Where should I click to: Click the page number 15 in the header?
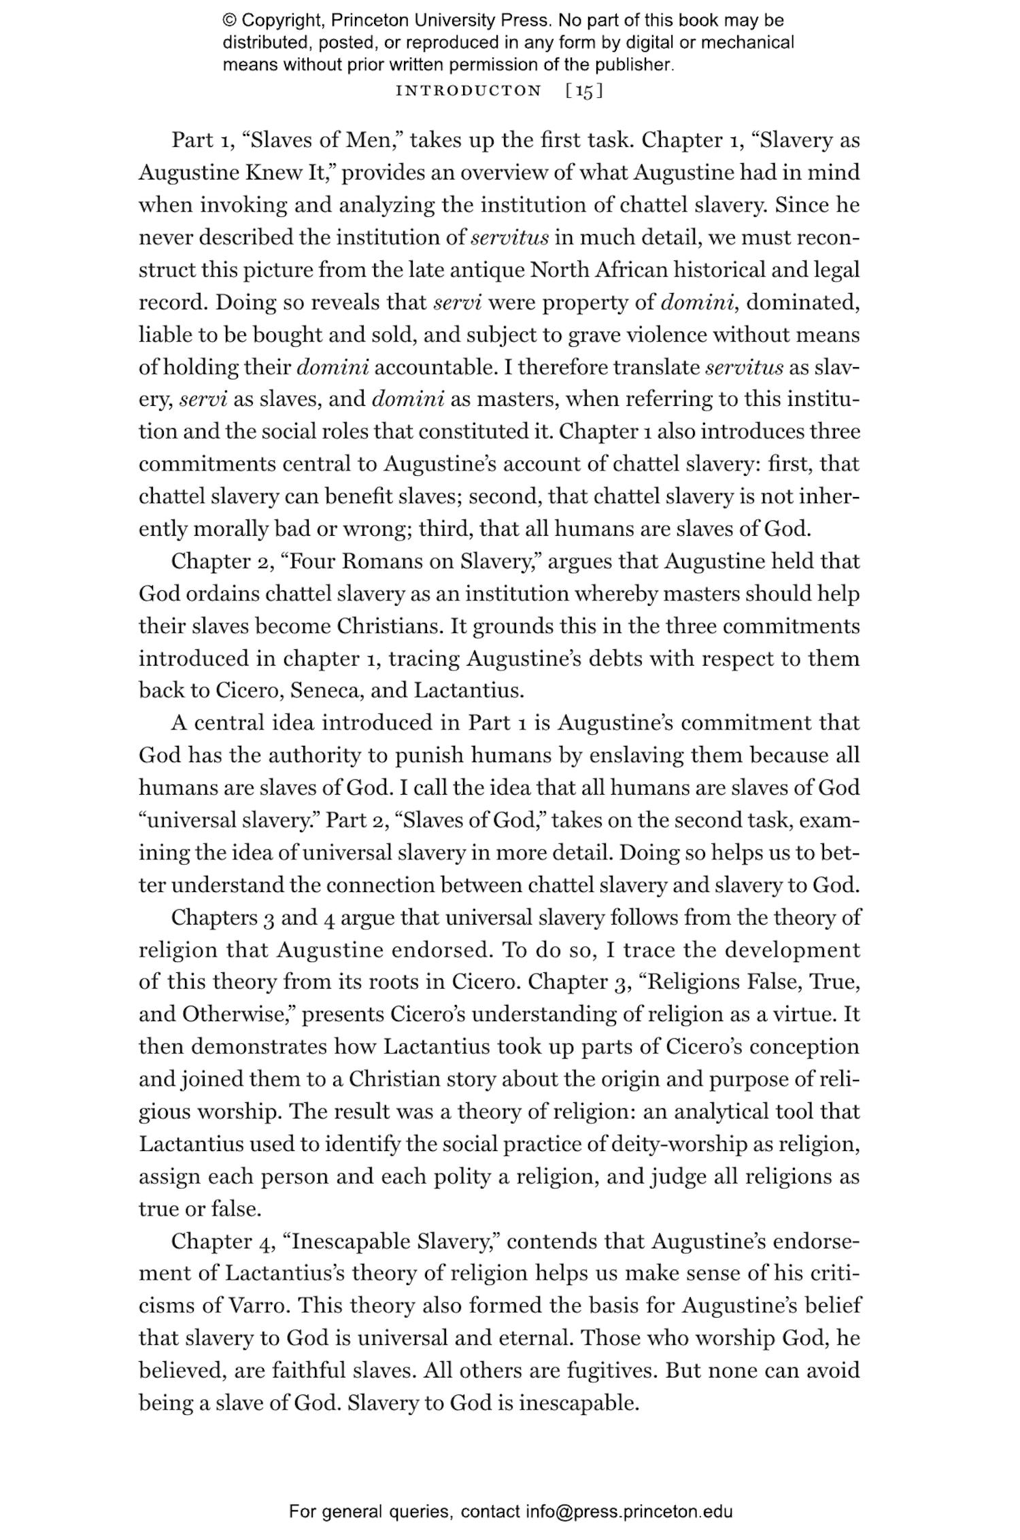tap(584, 91)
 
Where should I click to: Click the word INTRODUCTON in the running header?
tap(469, 91)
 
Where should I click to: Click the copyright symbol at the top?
tap(229, 20)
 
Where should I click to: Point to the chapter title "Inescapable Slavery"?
tap(393, 1242)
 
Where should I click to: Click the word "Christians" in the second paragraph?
tap(390, 626)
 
